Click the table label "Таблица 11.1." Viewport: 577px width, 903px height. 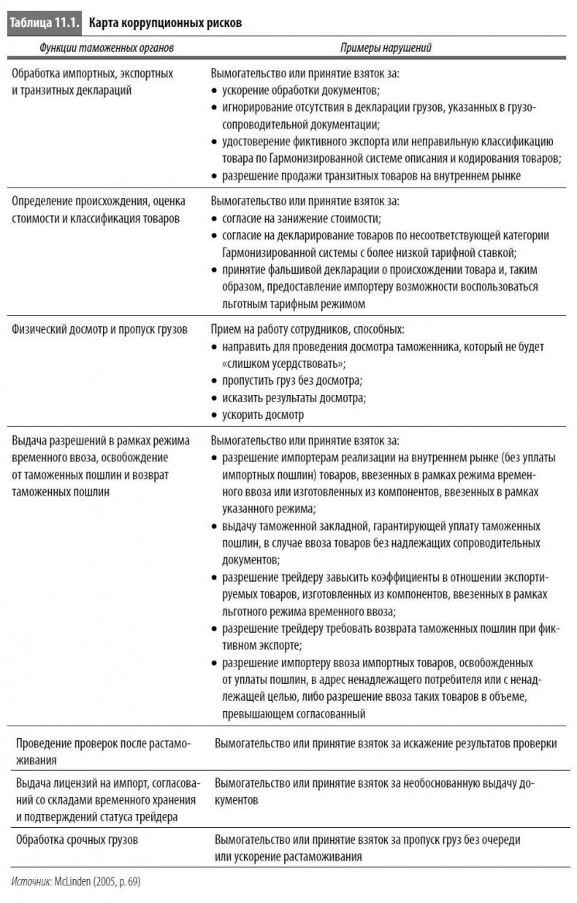pos(44,23)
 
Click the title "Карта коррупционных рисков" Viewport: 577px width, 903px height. pos(165,23)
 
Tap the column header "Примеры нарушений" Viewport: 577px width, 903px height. pos(386,48)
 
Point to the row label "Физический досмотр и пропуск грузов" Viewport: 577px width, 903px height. pos(100,329)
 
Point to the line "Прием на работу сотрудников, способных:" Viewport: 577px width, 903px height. pos(307,329)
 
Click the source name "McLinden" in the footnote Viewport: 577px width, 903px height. pos(72,882)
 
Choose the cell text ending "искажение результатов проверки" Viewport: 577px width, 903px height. pos(386,743)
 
